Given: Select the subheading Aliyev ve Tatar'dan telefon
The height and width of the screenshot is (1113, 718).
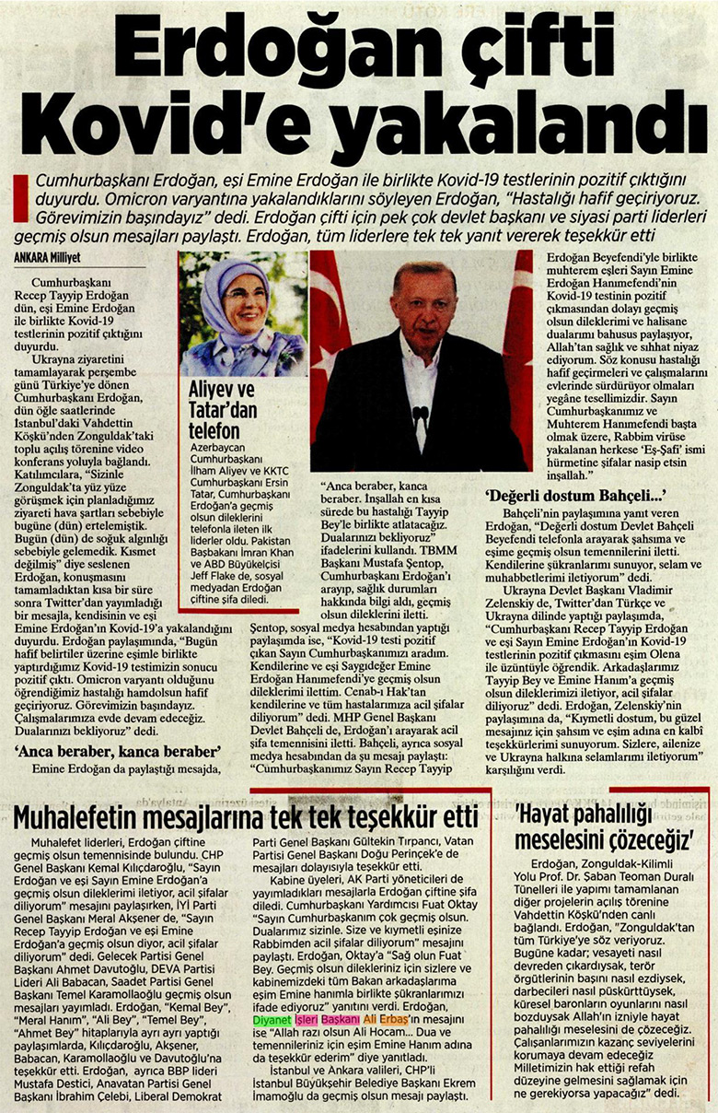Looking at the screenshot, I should tap(222, 407).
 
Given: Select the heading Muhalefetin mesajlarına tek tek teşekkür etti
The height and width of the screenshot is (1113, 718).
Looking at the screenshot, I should tap(246, 816).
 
